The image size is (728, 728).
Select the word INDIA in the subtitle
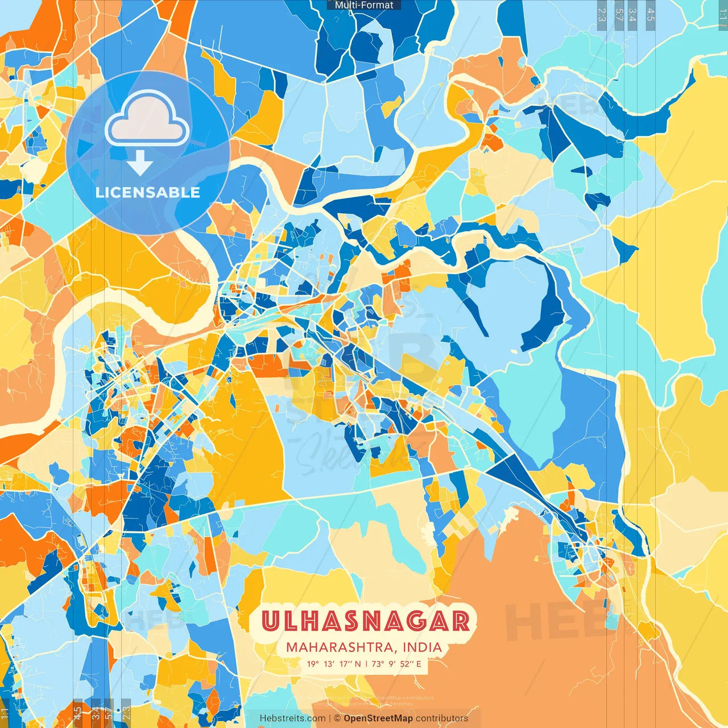[x=422, y=647]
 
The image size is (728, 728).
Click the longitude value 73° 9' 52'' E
[x=397, y=664]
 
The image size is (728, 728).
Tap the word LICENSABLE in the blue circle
[x=148, y=192]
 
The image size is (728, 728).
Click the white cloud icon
[x=147, y=120]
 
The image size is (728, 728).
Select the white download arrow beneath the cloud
[x=140, y=163]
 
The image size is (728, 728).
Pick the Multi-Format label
[x=364, y=5]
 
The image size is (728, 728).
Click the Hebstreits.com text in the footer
[x=292, y=718]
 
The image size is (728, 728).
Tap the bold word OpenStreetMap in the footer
[x=378, y=718]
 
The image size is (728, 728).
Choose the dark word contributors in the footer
[x=442, y=718]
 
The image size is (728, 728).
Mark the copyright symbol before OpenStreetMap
[x=337, y=718]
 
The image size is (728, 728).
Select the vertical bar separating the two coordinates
[x=366, y=664]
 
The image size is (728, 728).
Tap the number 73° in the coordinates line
[x=378, y=664]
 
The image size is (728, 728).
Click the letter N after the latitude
[x=357, y=664]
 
